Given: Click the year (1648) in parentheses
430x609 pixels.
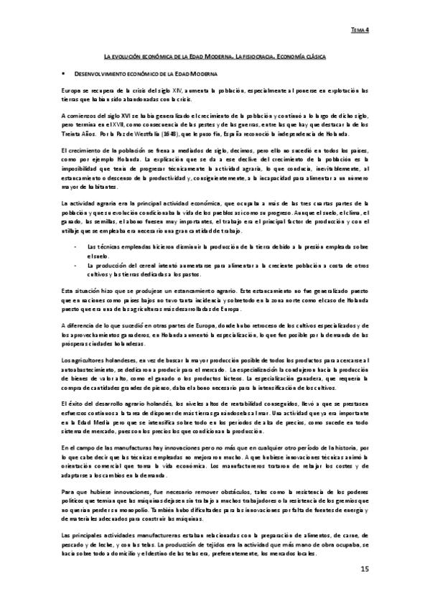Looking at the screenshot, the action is click(162, 133).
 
